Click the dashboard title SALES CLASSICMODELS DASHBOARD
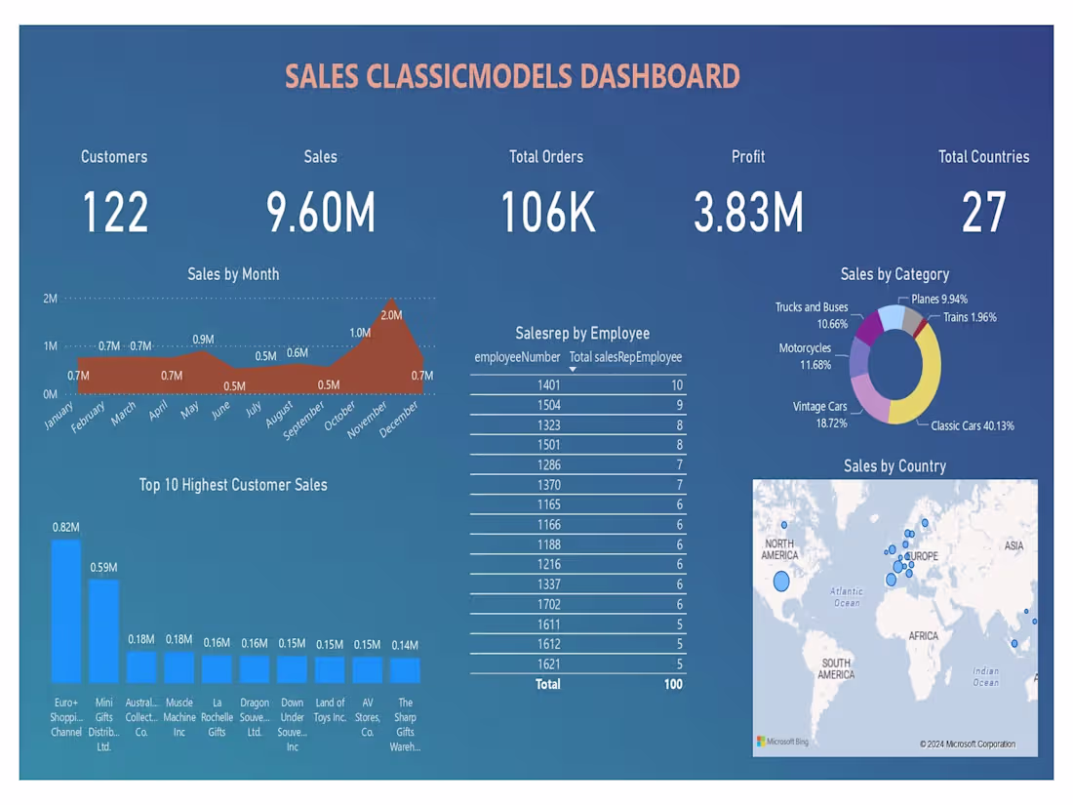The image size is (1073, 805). pyautogui.click(x=512, y=77)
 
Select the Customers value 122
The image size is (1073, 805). pyautogui.click(x=115, y=213)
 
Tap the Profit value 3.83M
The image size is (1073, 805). pyautogui.click(x=748, y=213)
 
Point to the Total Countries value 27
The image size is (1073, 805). pyautogui.click(x=983, y=213)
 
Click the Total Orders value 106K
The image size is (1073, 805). pyautogui.click(x=547, y=213)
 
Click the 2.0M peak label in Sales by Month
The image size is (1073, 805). pyautogui.click(x=391, y=315)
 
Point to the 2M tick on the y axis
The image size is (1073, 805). pyautogui.click(x=50, y=299)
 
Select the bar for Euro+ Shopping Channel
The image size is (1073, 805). pyautogui.click(x=66, y=611)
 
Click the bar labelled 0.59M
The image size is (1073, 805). pyautogui.click(x=103, y=630)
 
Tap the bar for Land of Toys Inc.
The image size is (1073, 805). pyautogui.click(x=330, y=669)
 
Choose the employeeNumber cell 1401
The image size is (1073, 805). pyautogui.click(x=548, y=385)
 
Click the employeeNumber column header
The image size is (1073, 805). pyautogui.click(x=517, y=357)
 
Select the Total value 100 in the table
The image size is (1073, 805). pyautogui.click(x=673, y=684)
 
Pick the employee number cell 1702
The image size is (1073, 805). pyautogui.click(x=548, y=604)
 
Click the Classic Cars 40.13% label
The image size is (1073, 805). pyautogui.click(x=972, y=425)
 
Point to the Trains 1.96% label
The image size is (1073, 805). pyautogui.click(x=970, y=317)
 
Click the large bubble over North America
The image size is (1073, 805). pyautogui.click(x=781, y=582)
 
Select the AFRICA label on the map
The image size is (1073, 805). pyautogui.click(x=923, y=636)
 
